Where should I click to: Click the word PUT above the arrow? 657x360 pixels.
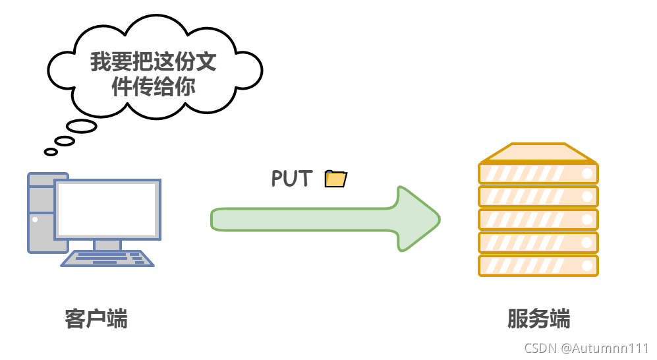(291, 178)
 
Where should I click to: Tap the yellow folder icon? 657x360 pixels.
(336, 178)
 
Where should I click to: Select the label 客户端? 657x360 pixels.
(96, 319)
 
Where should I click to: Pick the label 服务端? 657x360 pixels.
(538, 319)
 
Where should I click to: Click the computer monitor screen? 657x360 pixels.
(107, 209)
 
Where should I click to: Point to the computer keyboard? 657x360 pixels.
(107, 258)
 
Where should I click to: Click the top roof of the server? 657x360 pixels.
(538, 154)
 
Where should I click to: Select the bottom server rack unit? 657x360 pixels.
(538, 266)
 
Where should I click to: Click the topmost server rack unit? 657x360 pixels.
(538, 173)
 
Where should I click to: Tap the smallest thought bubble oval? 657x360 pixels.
(51, 152)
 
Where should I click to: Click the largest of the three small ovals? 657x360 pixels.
(82, 126)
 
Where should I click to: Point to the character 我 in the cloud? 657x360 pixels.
(101, 63)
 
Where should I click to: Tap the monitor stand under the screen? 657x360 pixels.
(107, 245)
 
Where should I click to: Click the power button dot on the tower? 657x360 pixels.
(35, 220)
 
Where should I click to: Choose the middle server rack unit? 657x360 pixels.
(538, 220)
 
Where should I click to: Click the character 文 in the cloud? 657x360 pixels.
(206, 63)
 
